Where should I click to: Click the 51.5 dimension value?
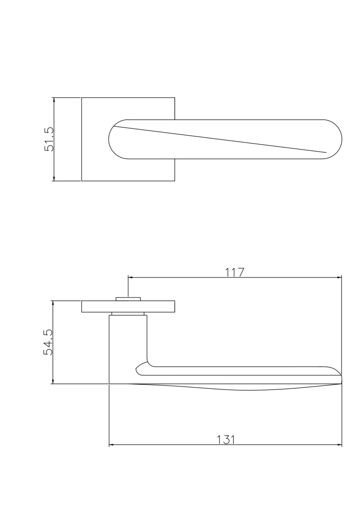point(49,139)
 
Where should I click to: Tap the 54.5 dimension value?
point(48,342)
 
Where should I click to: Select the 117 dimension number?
point(235,272)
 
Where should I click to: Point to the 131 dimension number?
point(225,439)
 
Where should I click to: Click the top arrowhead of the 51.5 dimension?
point(54,100)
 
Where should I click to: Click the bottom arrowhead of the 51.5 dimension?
point(54,178)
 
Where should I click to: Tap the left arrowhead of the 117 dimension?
point(131,277)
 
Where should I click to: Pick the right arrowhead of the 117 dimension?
point(339,277)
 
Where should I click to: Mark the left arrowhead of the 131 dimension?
point(112,445)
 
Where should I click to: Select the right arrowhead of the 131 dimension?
point(339,445)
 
